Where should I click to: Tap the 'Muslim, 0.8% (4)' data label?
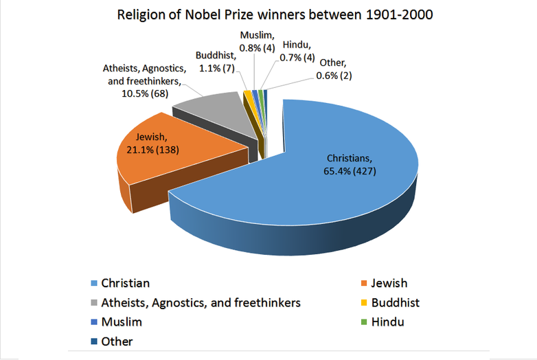pyautogui.click(x=258, y=41)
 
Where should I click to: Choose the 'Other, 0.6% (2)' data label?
pyautogui.click(x=334, y=69)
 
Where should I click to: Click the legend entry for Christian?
pyautogui.click(x=124, y=282)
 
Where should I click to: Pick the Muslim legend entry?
pyautogui.click(x=121, y=322)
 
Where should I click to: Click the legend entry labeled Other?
pyautogui.click(x=116, y=341)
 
